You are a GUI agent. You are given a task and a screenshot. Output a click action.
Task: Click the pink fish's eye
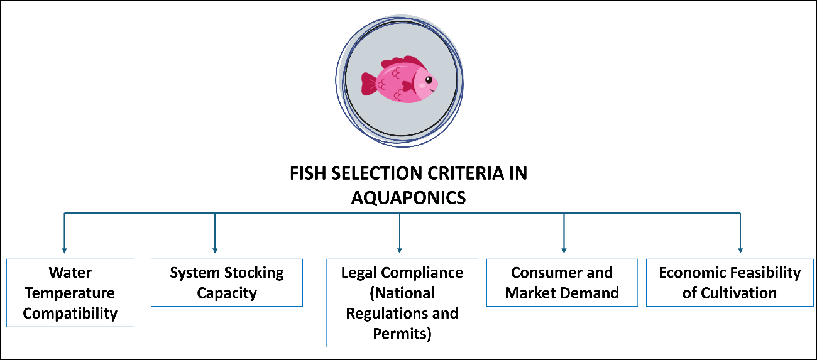pos(428,80)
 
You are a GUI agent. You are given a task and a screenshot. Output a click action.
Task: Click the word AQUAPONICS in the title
pos(408,197)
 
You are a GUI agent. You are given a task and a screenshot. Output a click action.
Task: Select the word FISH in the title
pos(307,174)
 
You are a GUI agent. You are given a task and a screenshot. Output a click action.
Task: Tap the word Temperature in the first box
pos(70,293)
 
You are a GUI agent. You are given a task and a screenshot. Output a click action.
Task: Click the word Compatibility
pos(70,313)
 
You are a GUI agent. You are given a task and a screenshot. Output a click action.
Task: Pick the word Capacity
pos(227,293)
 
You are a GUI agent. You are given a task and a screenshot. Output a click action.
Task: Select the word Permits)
pos(402,333)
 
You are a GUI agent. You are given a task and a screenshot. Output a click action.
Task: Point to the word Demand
pos(590,293)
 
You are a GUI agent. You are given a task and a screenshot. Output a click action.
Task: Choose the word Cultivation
pos(738,293)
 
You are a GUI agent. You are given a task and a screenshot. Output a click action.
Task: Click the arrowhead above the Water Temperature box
pos(64,251)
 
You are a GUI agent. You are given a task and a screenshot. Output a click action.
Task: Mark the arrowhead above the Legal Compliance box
pos(400,251)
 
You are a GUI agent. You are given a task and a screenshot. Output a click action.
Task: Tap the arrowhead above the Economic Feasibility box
pos(740,251)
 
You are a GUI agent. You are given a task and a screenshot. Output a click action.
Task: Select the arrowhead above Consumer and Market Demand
pos(564,251)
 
